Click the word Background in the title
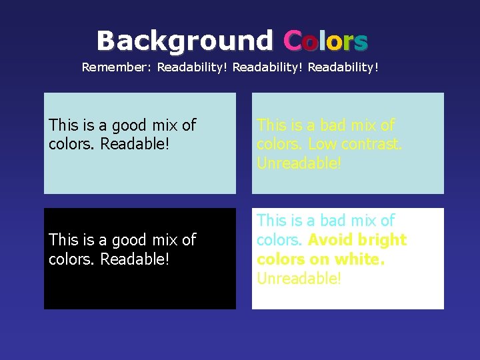pos(185,41)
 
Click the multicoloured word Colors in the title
pos(325,41)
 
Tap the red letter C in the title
pos(291,41)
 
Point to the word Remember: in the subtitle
pos(117,67)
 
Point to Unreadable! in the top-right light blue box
pos(299,163)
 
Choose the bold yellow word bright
pos(382,240)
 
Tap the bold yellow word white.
pos(361,259)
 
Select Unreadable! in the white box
pos(299,278)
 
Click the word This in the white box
pos(271,221)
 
